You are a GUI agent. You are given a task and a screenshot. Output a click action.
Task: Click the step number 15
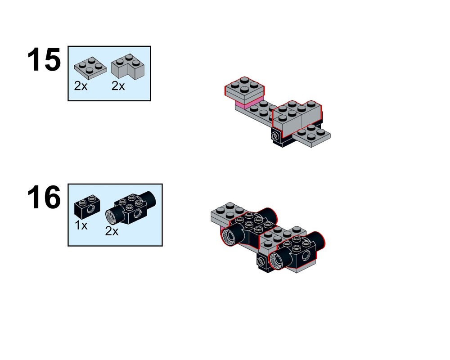(44, 60)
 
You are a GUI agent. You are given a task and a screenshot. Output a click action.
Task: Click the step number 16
(44, 197)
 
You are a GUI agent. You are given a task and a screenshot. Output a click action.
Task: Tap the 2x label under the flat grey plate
(81, 86)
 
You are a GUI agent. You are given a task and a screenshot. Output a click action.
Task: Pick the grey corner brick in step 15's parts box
(128, 67)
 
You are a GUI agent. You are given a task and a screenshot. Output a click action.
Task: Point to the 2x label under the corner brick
(118, 86)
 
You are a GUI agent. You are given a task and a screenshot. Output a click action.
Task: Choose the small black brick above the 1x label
(87, 205)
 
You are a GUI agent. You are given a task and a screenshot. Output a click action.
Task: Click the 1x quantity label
(81, 225)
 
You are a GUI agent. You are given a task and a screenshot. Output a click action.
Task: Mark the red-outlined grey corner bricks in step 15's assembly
(297, 118)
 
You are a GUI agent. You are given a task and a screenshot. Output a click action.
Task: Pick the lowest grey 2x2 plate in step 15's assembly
(312, 136)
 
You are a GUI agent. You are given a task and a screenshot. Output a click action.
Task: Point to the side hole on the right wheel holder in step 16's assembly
(306, 255)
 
